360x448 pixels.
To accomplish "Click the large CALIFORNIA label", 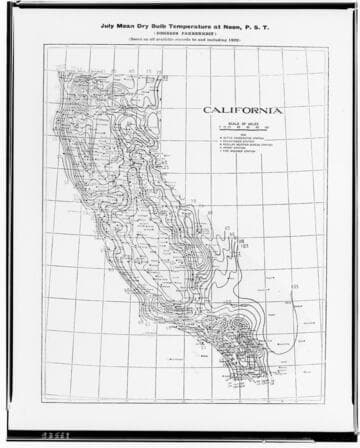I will pos(240,109).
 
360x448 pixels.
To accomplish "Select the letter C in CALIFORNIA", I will pos(207,109).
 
